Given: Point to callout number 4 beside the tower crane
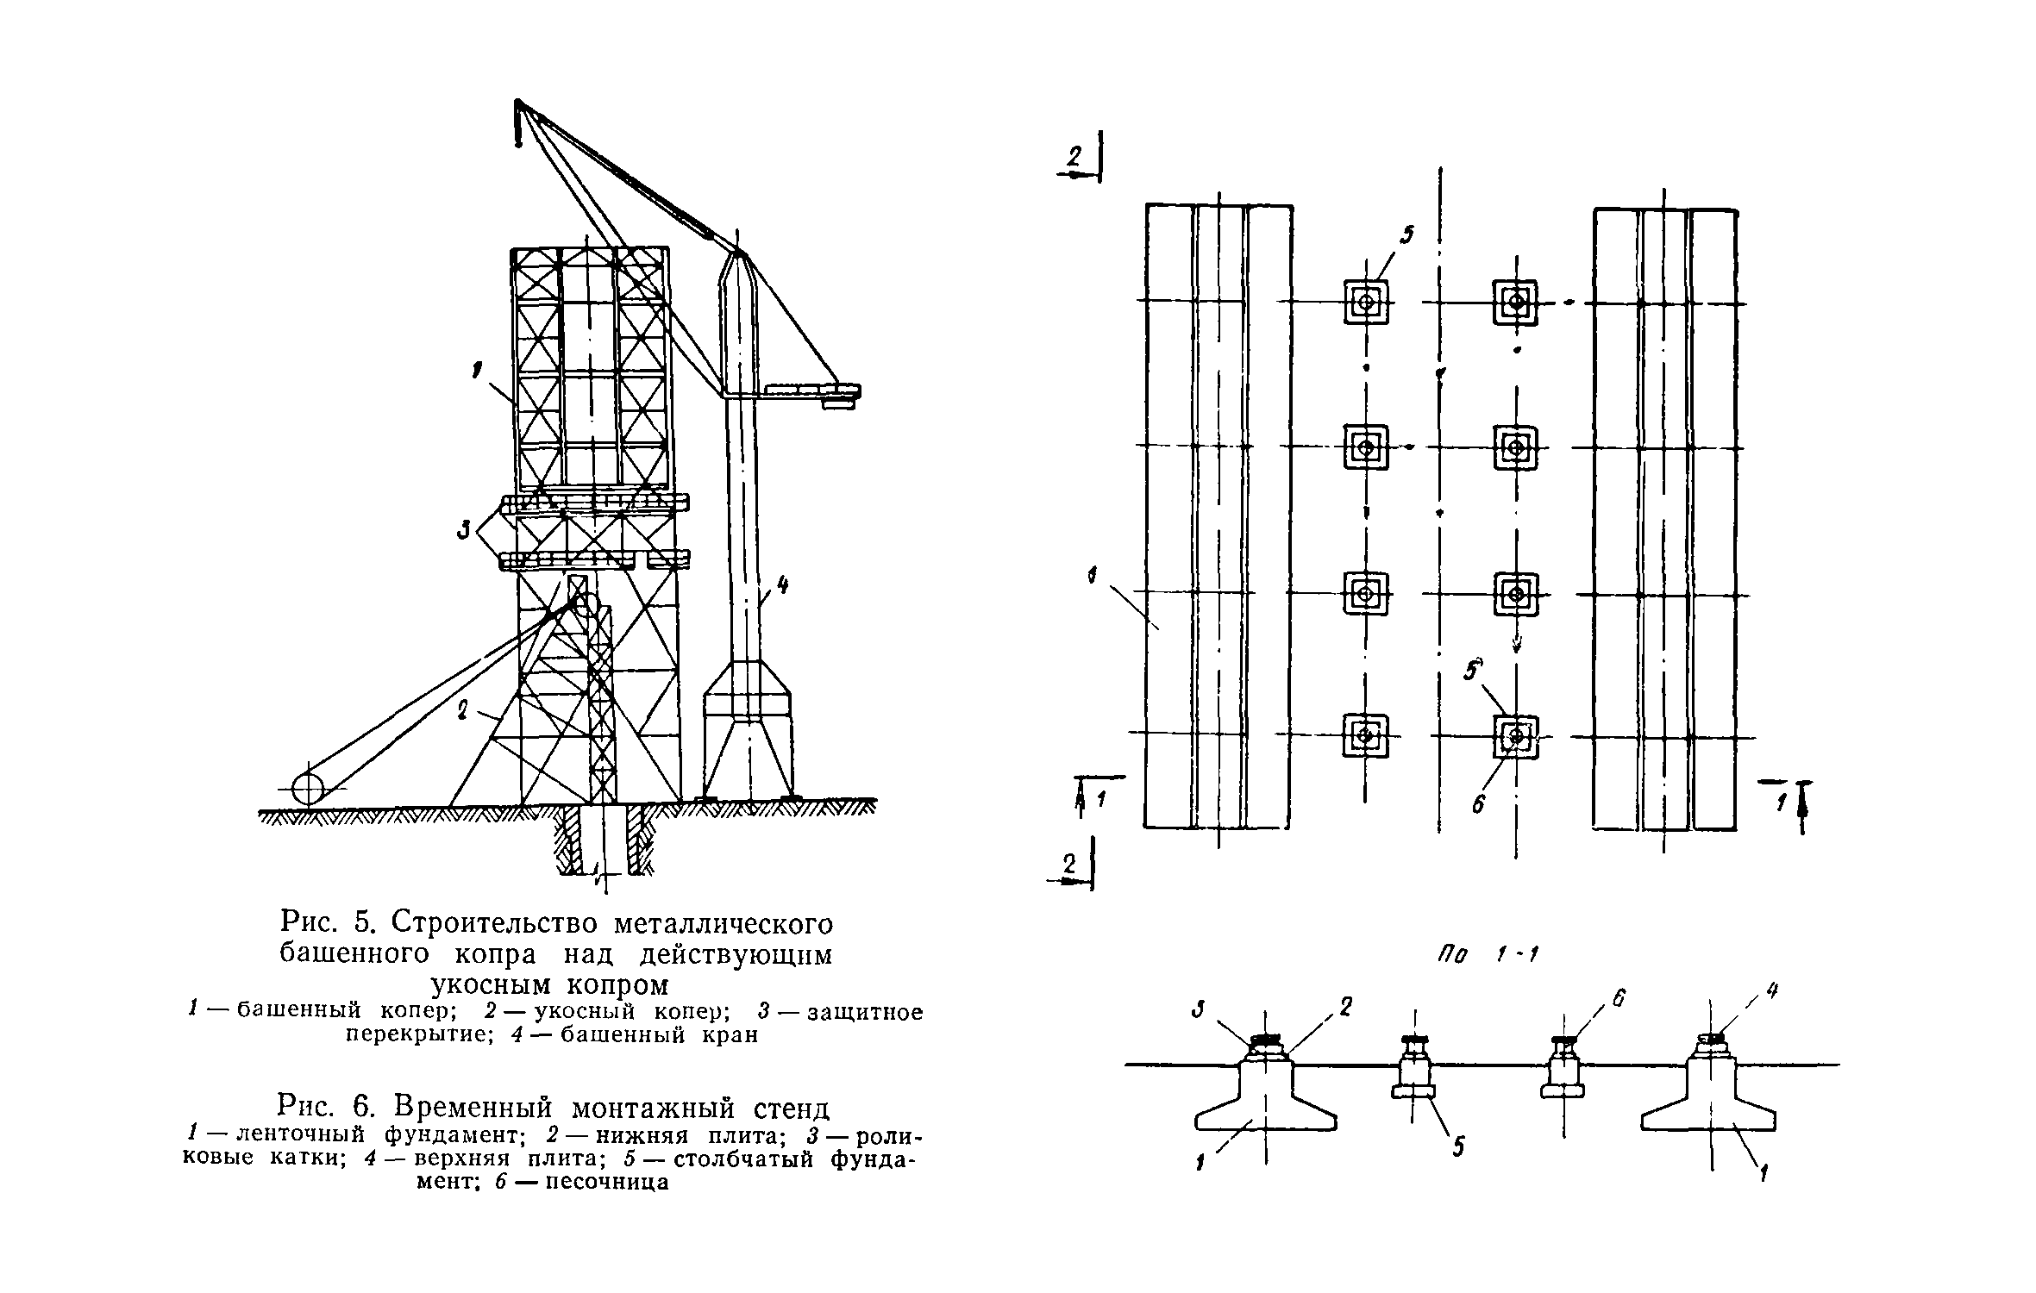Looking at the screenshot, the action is pos(782,587).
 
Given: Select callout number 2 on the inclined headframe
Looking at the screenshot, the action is pos(462,710).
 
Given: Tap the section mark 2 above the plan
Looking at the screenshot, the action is pos(1074,158).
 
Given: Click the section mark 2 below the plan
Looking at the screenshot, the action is pos(1069,865).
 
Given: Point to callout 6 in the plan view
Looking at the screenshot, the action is pos(1478,804).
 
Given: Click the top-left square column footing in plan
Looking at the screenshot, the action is pos(1366,302).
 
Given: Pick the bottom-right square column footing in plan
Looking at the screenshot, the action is pos(1516,736).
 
